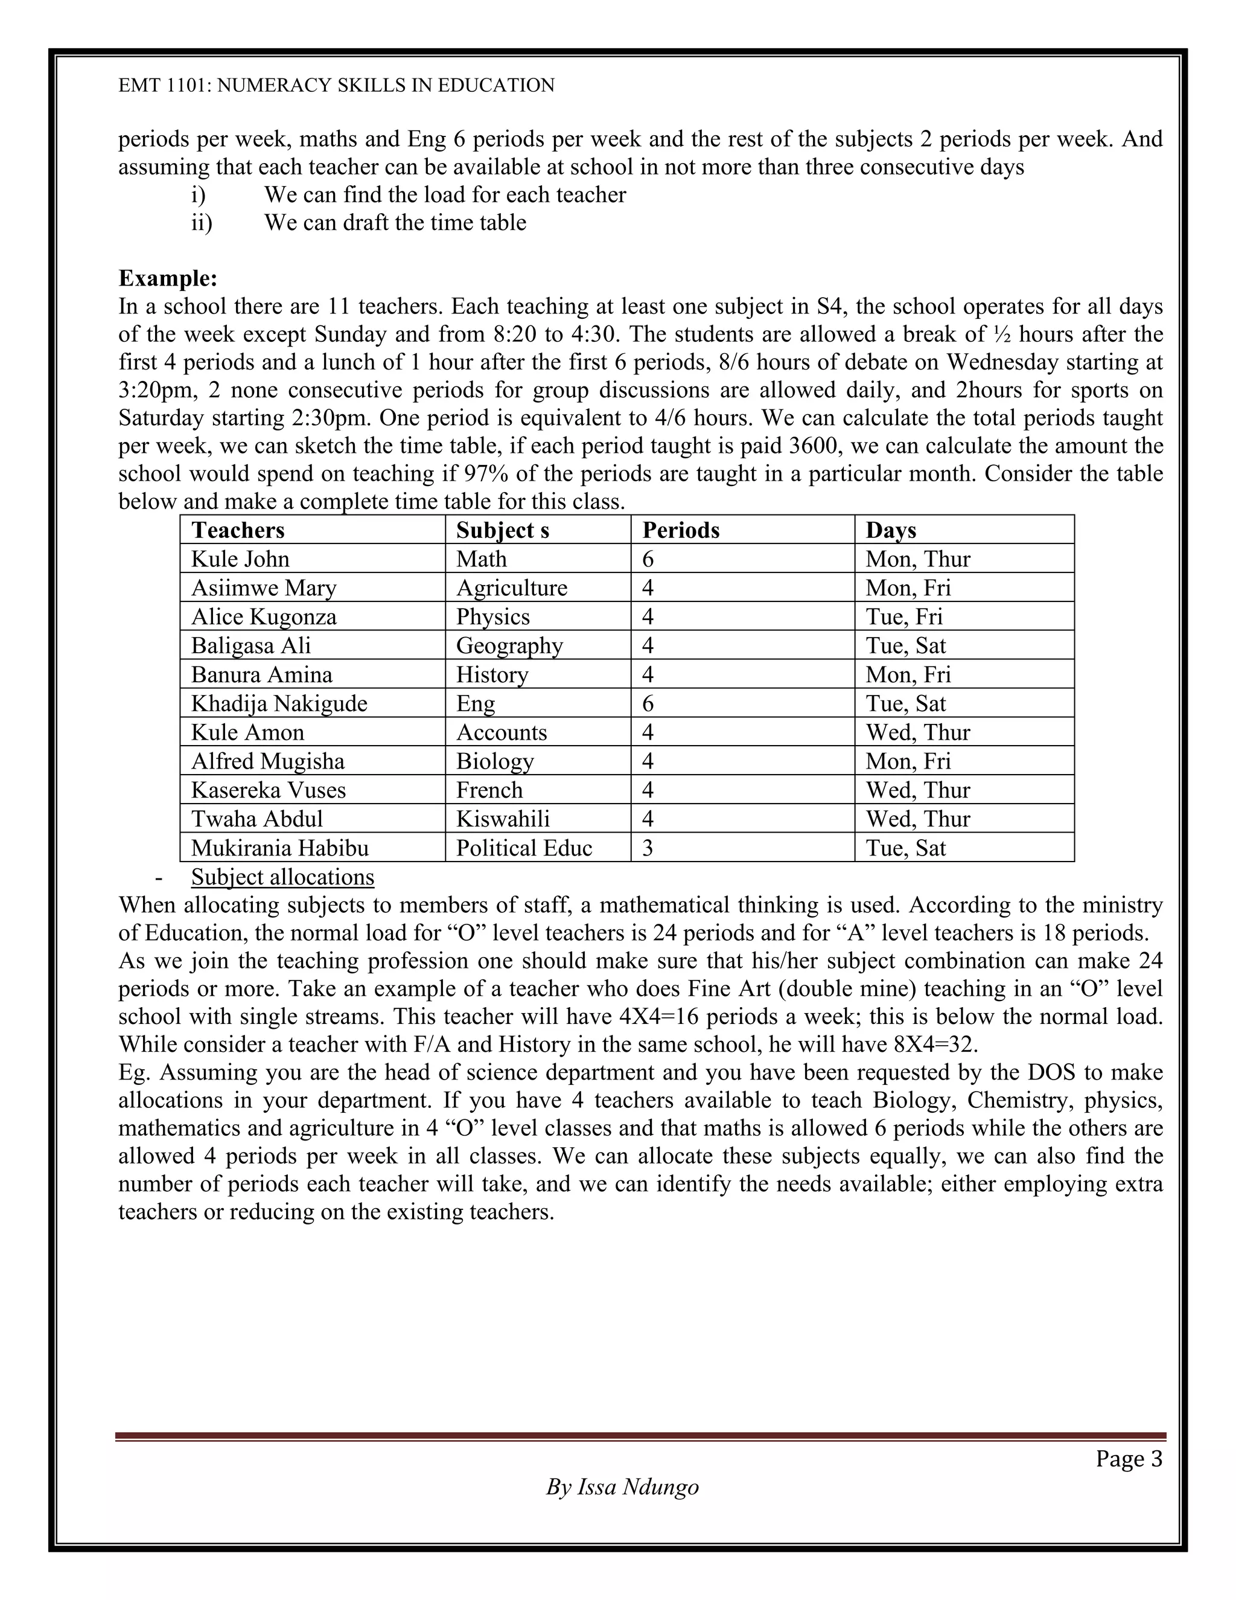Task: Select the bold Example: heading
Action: click(168, 278)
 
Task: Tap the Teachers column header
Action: click(237, 530)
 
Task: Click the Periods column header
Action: click(680, 530)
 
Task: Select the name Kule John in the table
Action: click(240, 559)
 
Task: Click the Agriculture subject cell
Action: click(511, 587)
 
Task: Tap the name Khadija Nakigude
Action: click(279, 703)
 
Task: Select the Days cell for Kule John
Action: click(917, 559)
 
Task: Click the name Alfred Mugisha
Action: click(267, 761)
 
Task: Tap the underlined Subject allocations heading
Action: click(282, 877)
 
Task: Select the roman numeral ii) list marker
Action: click(202, 223)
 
